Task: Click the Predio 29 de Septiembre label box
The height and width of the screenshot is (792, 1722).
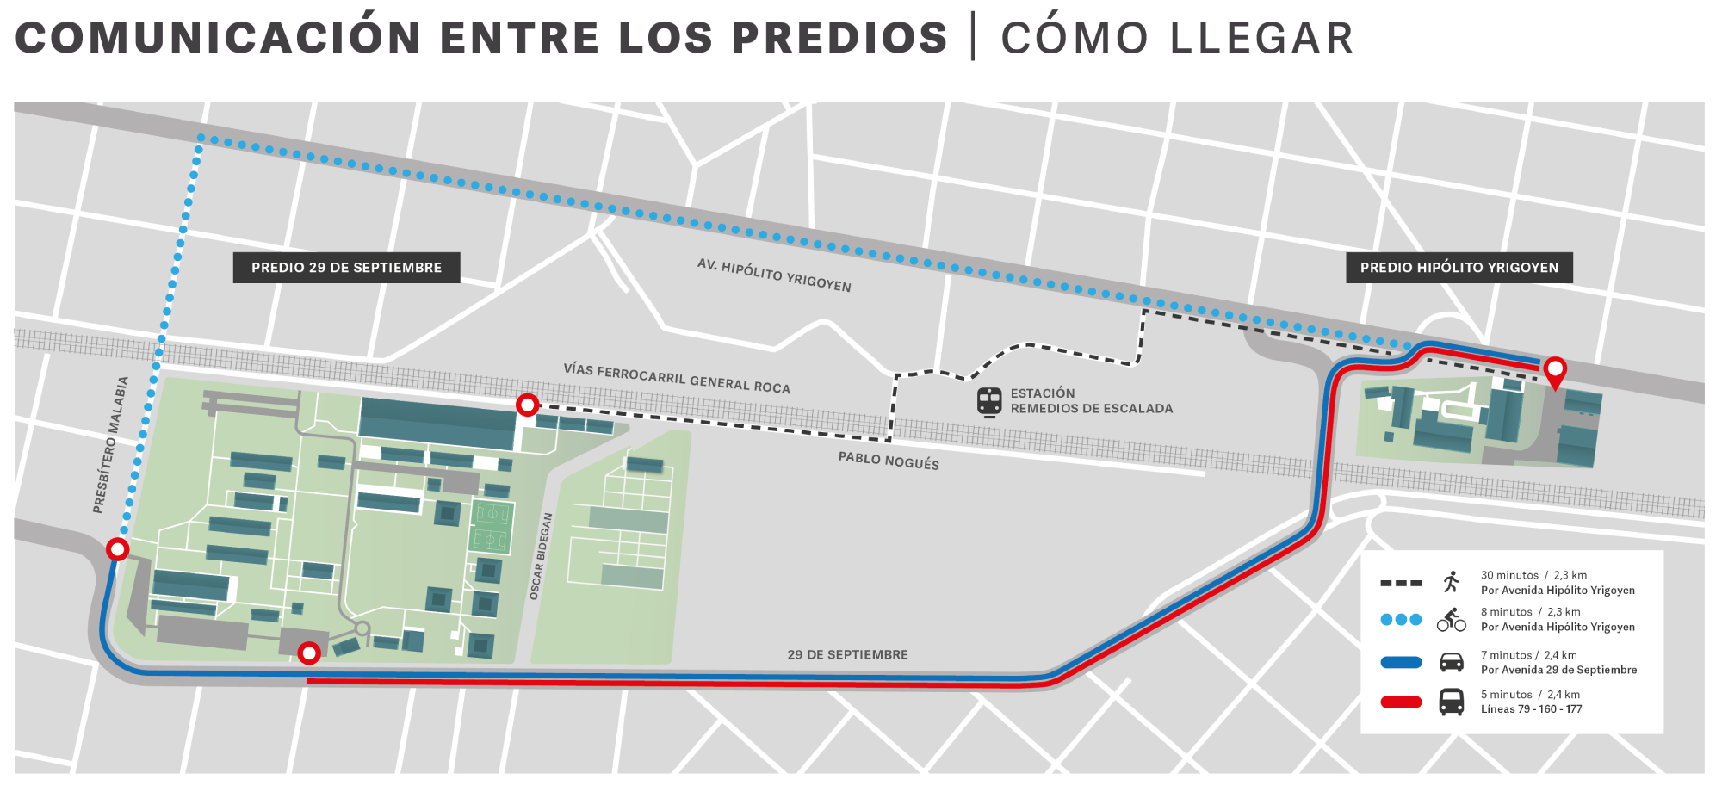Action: click(346, 268)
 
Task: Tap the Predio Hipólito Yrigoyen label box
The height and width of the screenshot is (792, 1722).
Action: click(1459, 268)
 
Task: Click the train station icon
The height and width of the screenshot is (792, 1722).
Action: click(989, 402)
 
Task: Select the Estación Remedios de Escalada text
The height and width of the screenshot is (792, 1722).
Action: click(1091, 401)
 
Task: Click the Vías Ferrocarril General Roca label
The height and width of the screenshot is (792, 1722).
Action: click(677, 379)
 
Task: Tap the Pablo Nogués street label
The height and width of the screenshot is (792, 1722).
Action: click(889, 461)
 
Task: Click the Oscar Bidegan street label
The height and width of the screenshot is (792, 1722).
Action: click(541, 556)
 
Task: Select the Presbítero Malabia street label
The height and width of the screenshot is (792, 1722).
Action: click(111, 445)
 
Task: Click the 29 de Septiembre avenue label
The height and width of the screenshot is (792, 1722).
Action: click(847, 655)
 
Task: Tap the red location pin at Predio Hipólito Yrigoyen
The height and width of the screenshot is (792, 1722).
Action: click(1555, 371)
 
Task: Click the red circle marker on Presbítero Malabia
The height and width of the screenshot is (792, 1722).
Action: click(117, 549)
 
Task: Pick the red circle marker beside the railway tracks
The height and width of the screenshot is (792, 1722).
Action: click(527, 405)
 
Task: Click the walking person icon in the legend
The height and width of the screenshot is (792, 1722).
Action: click(1452, 582)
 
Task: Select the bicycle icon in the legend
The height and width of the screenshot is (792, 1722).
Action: click(1452, 619)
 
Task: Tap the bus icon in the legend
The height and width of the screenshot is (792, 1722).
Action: click(1452, 702)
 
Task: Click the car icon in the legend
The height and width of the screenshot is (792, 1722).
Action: click(1452, 662)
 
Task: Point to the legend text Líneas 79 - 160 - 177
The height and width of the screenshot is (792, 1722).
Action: click(1531, 709)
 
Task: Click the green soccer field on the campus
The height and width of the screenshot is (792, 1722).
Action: click(492, 527)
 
